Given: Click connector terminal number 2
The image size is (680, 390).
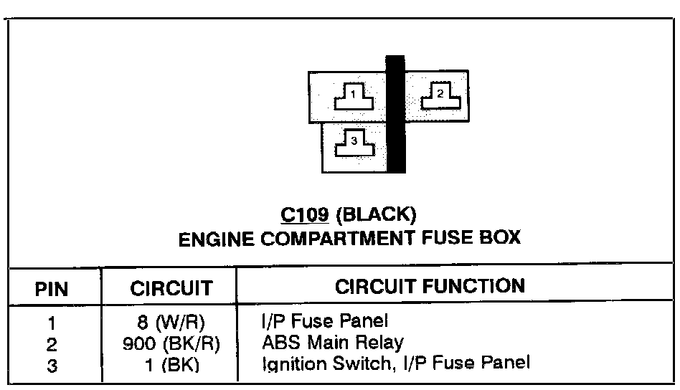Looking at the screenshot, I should [437, 95].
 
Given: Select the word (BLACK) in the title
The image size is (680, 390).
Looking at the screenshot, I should [374, 214].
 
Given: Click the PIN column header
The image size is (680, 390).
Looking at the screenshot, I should [52, 289].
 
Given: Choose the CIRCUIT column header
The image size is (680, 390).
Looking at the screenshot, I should [171, 289].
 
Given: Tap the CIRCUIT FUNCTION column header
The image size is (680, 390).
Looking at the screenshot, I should [430, 287].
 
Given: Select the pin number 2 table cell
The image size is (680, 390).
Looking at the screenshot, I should [52, 344].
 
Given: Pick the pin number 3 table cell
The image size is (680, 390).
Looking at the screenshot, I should [52, 364].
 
